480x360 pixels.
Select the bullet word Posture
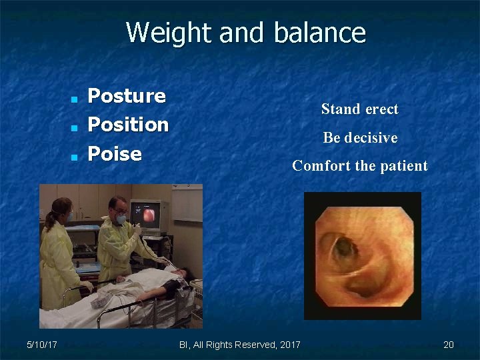127,96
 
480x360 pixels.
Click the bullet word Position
129,125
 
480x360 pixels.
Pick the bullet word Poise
115,154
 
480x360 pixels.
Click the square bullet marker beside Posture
75,99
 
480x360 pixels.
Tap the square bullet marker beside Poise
75,157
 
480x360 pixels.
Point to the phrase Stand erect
359,109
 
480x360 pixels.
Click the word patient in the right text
403,166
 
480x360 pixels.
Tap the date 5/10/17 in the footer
41,345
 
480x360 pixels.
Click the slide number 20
449,345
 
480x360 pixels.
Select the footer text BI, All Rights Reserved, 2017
240,345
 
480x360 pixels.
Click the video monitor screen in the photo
147,215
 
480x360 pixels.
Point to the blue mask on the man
121,218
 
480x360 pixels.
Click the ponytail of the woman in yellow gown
49,220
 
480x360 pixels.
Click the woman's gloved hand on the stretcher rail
87,285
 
